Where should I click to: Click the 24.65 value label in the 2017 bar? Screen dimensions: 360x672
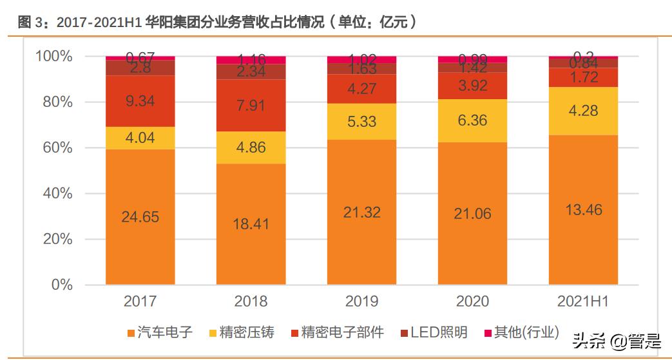(x=140, y=217)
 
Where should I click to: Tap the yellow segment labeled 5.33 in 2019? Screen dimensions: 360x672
(x=361, y=122)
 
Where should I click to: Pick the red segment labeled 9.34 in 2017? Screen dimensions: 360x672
(x=140, y=100)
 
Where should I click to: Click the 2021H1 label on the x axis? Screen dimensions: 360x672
(x=583, y=301)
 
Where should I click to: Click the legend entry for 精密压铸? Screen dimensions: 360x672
(x=242, y=333)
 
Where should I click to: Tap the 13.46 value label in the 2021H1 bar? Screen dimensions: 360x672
(x=583, y=209)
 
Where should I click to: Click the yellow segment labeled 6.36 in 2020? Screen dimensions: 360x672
(x=472, y=121)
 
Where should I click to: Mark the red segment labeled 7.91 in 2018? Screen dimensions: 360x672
(x=251, y=106)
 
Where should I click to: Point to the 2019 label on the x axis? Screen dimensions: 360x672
(x=361, y=301)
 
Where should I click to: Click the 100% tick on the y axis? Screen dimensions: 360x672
(x=53, y=57)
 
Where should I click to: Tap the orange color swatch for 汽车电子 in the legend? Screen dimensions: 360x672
(x=131, y=334)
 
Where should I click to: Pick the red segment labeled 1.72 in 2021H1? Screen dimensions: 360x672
(x=583, y=78)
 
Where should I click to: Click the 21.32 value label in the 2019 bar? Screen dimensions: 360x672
(x=361, y=213)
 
